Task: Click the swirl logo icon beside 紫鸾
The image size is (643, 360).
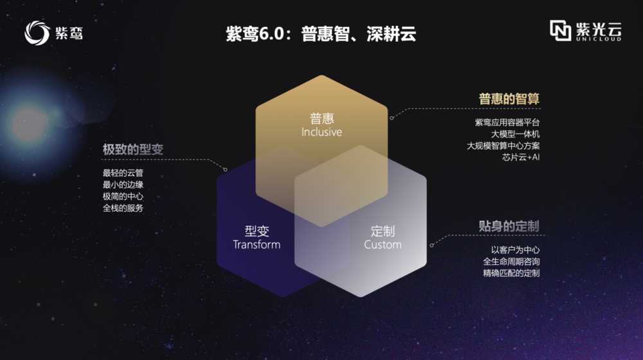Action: [37, 33]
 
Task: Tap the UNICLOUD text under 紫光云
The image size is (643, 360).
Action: [598, 39]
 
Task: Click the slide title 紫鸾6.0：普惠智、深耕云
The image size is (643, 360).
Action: [321, 33]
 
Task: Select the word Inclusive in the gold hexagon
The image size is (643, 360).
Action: [321, 132]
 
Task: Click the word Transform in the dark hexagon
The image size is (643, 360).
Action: [257, 245]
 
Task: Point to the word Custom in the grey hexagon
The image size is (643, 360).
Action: [383, 245]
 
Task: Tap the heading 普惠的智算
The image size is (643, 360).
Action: [509, 99]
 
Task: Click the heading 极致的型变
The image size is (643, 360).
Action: [133, 149]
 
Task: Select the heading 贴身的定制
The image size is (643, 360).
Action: [509, 226]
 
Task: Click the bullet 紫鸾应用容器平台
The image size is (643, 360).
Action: [507, 122]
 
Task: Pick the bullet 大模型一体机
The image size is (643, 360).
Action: [516, 134]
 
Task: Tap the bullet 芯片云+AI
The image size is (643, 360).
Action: [521, 157]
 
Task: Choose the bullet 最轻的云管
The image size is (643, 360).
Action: [123, 173]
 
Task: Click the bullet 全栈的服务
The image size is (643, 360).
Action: [123, 208]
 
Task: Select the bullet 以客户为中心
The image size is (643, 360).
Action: [516, 249]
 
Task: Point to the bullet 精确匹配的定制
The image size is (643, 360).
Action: [511, 273]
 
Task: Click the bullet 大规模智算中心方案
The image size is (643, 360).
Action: [503, 145]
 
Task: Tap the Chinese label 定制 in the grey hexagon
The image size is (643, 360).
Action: [383, 231]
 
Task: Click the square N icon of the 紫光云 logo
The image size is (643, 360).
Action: [560, 30]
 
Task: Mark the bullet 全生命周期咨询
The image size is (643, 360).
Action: [511, 262]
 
